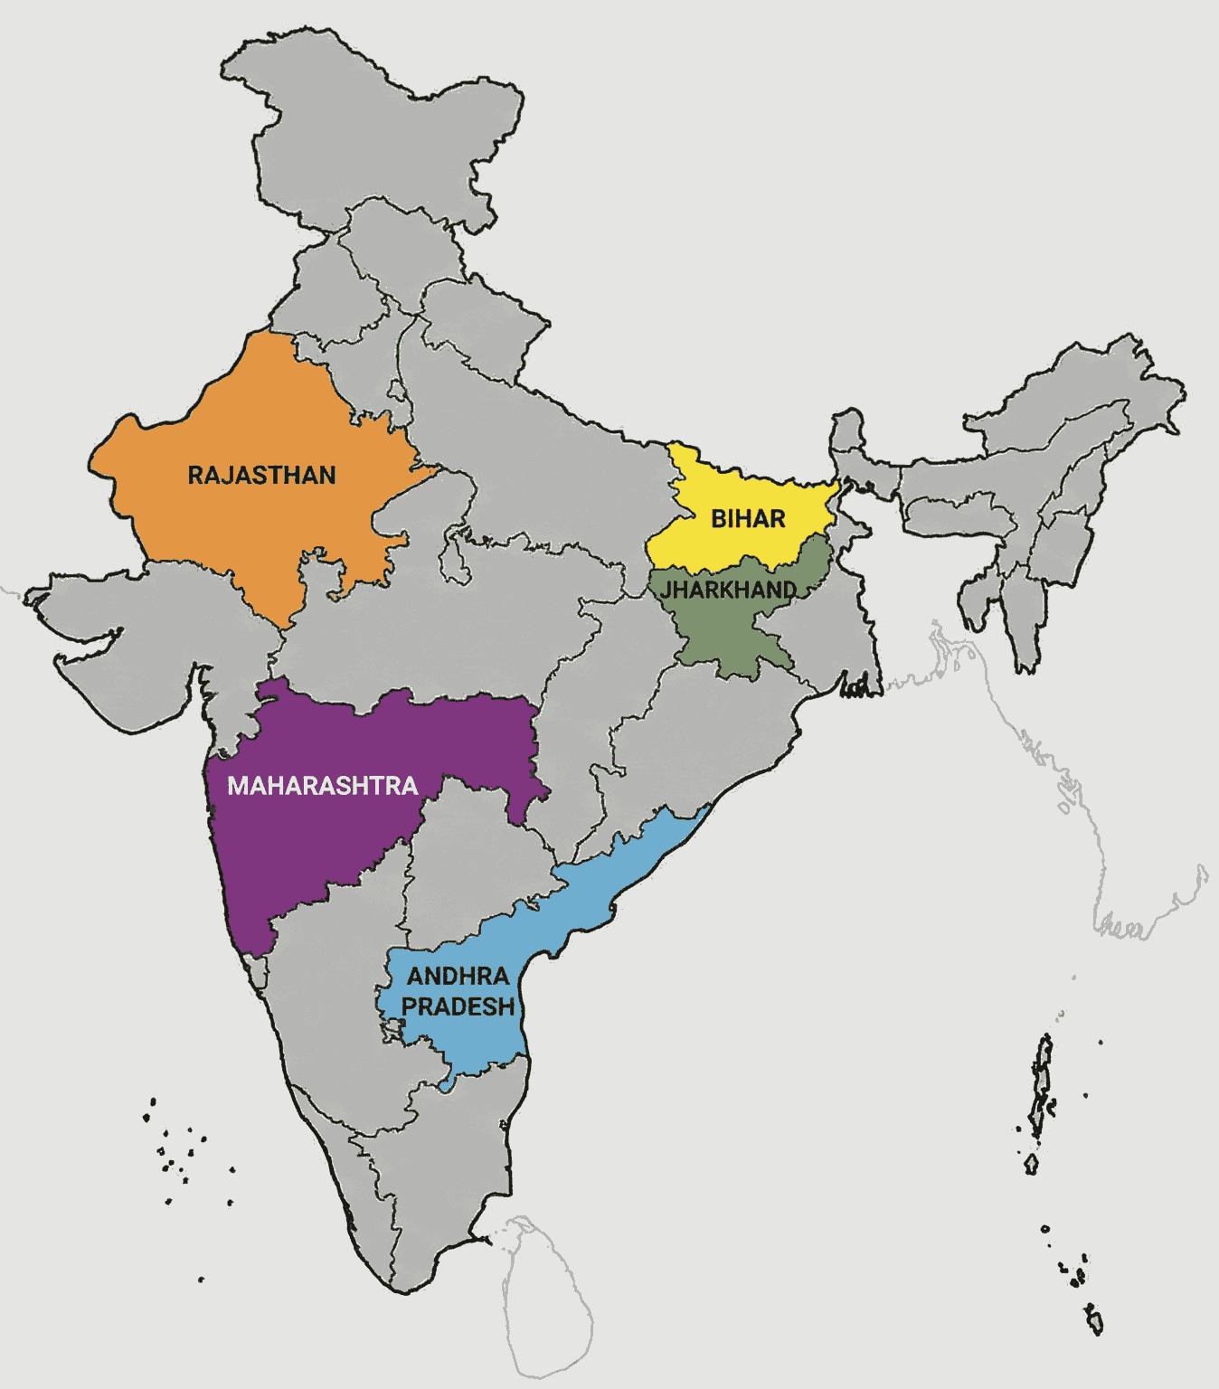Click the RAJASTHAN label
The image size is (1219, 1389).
[261, 475]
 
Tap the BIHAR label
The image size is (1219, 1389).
[748, 519]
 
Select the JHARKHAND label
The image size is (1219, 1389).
[729, 591]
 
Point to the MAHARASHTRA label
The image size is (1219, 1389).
[322, 786]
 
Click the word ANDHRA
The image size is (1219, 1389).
[458, 977]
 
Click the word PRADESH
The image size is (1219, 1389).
[458, 1006]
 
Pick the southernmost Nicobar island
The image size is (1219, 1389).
[1094, 1320]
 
